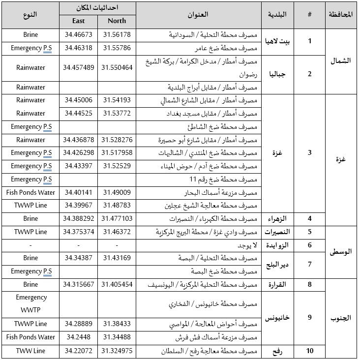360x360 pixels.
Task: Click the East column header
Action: tap(78, 21)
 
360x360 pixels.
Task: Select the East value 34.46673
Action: tap(78, 35)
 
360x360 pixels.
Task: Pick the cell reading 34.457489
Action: tap(78, 67)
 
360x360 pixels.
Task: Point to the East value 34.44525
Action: tap(78, 113)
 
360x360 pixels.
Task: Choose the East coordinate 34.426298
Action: tap(78, 152)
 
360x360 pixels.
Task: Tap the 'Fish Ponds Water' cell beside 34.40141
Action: tap(30, 192)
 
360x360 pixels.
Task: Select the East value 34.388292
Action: tap(78, 218)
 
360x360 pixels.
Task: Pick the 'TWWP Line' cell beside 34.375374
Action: tap(30, 232)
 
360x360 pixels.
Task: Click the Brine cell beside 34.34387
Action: tap(30, 258)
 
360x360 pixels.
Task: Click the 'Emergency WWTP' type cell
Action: tap(30, 304)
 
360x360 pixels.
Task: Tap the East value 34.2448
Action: tap(78, 337)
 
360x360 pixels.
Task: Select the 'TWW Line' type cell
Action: tap(30, 351)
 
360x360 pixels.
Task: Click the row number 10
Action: tap(309, 351)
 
